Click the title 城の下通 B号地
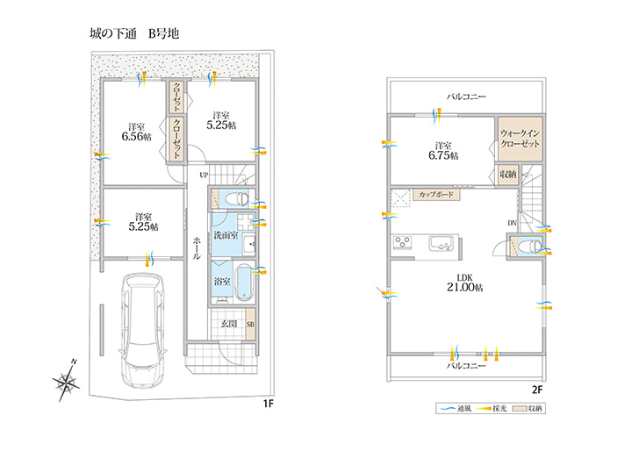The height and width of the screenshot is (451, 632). tap(134, 33)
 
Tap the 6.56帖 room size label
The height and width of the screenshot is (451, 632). tap(137, 136)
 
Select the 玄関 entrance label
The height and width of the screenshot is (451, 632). tap(228, 323)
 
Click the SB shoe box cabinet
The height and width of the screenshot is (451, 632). tap(250, 324)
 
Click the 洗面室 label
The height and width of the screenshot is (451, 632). tap(226, 235)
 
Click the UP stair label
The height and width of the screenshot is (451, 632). tap(204, 175)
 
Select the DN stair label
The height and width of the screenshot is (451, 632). tap(512, 223)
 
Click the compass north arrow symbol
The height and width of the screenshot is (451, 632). tap(66, 380)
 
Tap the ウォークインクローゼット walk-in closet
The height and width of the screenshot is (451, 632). tap(520, 139)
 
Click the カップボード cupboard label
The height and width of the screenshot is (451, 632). tap(436, 195)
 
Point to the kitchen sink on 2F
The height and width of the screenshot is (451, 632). tap(441, 243)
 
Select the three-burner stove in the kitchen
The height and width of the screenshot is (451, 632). tap(402, 243)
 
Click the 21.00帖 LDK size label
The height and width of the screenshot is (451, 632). tap(464, 288)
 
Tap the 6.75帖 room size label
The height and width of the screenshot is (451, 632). tap(443, 155)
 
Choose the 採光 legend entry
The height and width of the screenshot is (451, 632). tap(491, 409)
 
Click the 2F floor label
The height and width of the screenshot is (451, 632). tap(537, 390)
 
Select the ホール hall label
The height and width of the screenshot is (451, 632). tap(197, 248)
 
